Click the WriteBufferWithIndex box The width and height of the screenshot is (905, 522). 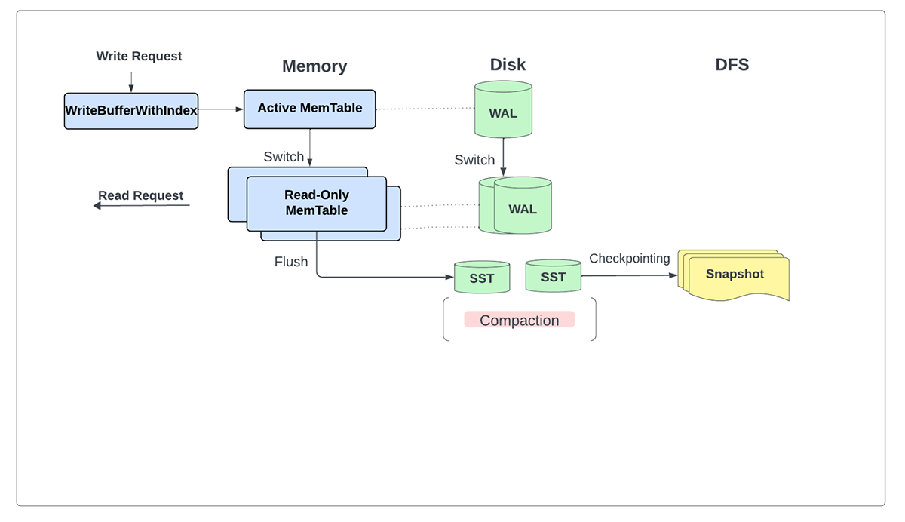coord(131,110)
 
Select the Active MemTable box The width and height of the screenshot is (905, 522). coord(309,109)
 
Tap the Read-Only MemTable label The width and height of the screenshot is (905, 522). coord(317,203)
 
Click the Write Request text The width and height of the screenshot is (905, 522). coord(139,56)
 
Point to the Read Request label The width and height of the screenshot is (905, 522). coord(140,196)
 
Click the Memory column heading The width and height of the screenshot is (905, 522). coord(314,66)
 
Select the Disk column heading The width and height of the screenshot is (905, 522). coord(508,65)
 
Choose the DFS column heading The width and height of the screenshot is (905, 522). coord(732,65)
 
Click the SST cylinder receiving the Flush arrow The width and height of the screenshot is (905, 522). coord(482,278)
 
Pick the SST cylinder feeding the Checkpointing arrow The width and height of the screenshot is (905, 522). coord(553,277)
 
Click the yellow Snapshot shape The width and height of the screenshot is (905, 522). coord(735,275)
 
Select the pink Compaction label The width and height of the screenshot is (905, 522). coord(520,320)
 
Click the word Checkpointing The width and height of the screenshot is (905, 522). coord(629,259)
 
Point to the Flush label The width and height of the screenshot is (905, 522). coord(291,262)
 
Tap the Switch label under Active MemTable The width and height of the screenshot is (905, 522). coord(284,157)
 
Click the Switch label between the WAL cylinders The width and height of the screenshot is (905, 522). coord(474,160)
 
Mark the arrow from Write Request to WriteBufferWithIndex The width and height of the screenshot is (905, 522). coord(131,81)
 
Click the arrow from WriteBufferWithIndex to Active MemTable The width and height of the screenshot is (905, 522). coord(220,109)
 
